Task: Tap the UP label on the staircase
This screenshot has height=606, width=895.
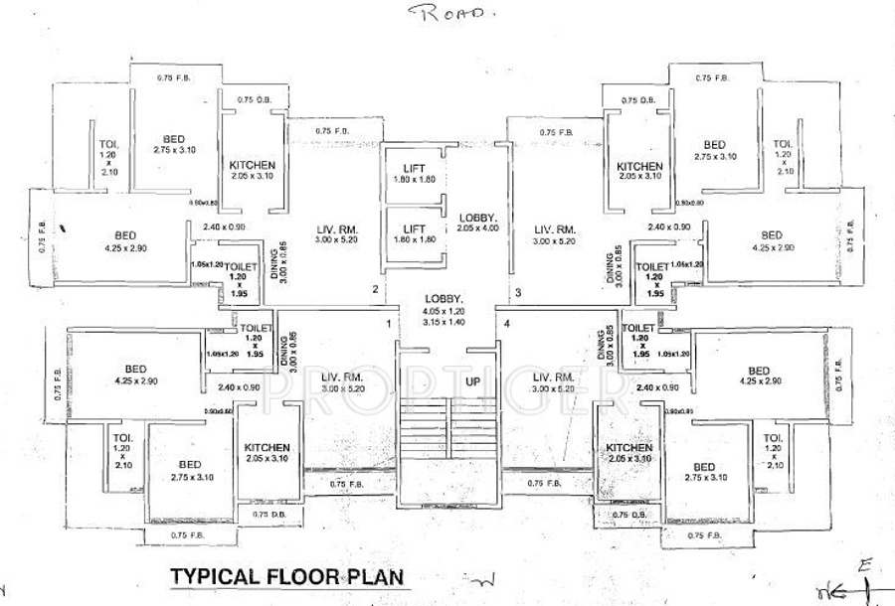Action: point(447,381)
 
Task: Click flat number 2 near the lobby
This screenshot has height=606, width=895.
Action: point(375,290)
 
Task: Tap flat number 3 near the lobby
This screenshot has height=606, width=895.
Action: point(518,292)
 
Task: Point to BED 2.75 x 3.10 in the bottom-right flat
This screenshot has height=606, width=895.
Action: point(704,472)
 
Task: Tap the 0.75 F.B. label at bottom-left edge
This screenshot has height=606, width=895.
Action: point(165,536)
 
